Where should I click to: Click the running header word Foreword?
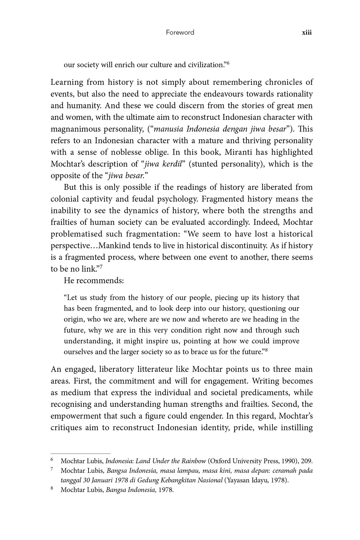click(x=180, y=32)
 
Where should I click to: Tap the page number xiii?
click(x=307, y=32)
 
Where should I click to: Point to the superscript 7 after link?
click(x=101, y=267)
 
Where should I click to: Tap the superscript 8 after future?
click(x=266, y=350)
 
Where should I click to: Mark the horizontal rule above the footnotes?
click(x=81, y=454)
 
